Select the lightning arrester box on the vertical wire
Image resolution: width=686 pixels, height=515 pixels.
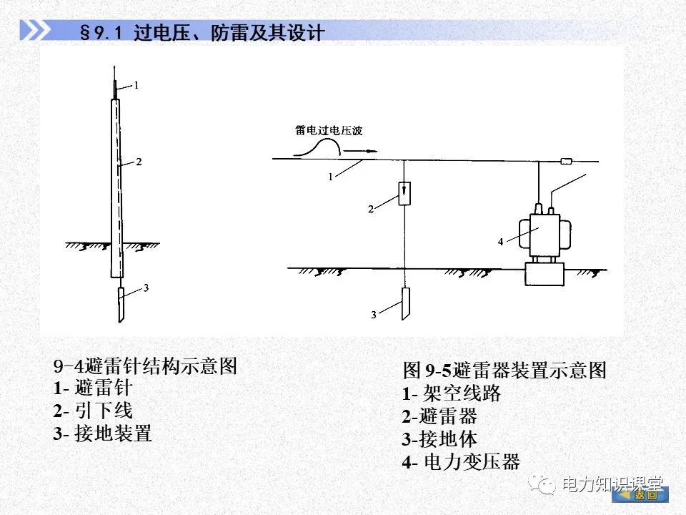coord(404,193)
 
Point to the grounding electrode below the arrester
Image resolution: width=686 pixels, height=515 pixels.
coord(404,304)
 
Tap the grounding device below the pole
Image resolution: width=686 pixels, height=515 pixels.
coord(121,303)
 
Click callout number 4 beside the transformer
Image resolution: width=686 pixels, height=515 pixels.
coord(501,242)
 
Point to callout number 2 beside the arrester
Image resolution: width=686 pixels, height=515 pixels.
coord(370,210)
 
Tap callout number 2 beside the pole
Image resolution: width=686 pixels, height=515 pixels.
coord(139,162)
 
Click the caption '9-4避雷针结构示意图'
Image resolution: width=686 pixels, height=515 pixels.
coord(145,366)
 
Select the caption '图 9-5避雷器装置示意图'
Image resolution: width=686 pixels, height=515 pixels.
coord(504,370)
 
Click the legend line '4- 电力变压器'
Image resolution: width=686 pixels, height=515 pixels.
coord(461,461)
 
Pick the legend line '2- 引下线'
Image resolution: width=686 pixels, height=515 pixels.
coord(93,411)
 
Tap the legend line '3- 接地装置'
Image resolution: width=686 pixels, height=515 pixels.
coord(102,433)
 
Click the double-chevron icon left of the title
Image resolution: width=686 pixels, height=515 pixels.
coord(36,31)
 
